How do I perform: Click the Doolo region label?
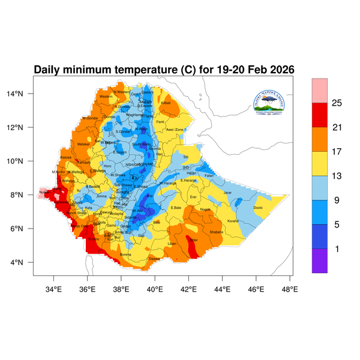point(258,208)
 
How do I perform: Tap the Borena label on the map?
point(125,254)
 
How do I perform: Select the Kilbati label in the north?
point(166,103)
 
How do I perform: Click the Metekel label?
point(83,144)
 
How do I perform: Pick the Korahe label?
point(233,221)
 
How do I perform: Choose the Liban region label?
point(172,244)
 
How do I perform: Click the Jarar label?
point(227,193)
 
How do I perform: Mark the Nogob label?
point(205,209)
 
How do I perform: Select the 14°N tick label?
point(22,94)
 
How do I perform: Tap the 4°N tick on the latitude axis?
point(24,263)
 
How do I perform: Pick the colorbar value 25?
point(337,103)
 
